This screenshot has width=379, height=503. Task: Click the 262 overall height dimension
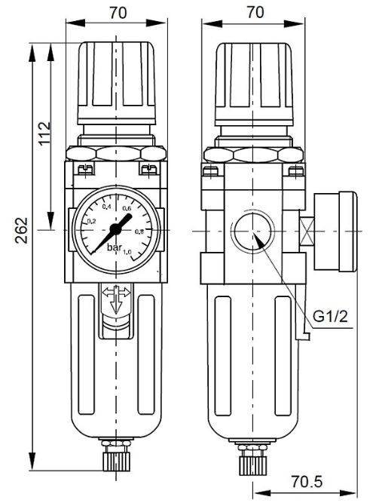pyautogui.click(x=22, y=230)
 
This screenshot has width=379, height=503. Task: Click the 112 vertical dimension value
pyautogui.click(x=45, y=133)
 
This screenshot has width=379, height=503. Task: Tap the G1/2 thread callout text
pyautogui.click(x=330, y=317)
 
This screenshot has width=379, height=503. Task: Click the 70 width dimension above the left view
pyautogui.click(x=118, y=13)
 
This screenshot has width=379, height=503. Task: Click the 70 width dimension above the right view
pyautogui.click(x=255, y=13)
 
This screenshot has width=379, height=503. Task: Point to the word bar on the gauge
pyautogui.click(x=115, y=247)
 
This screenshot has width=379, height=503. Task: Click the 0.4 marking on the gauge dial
pyautogui.click(x=107, y=207)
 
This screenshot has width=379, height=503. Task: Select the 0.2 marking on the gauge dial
pyautogui.click(x=92, y=221)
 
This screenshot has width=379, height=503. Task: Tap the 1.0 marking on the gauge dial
pyautogui.click(x=127, y=252)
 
